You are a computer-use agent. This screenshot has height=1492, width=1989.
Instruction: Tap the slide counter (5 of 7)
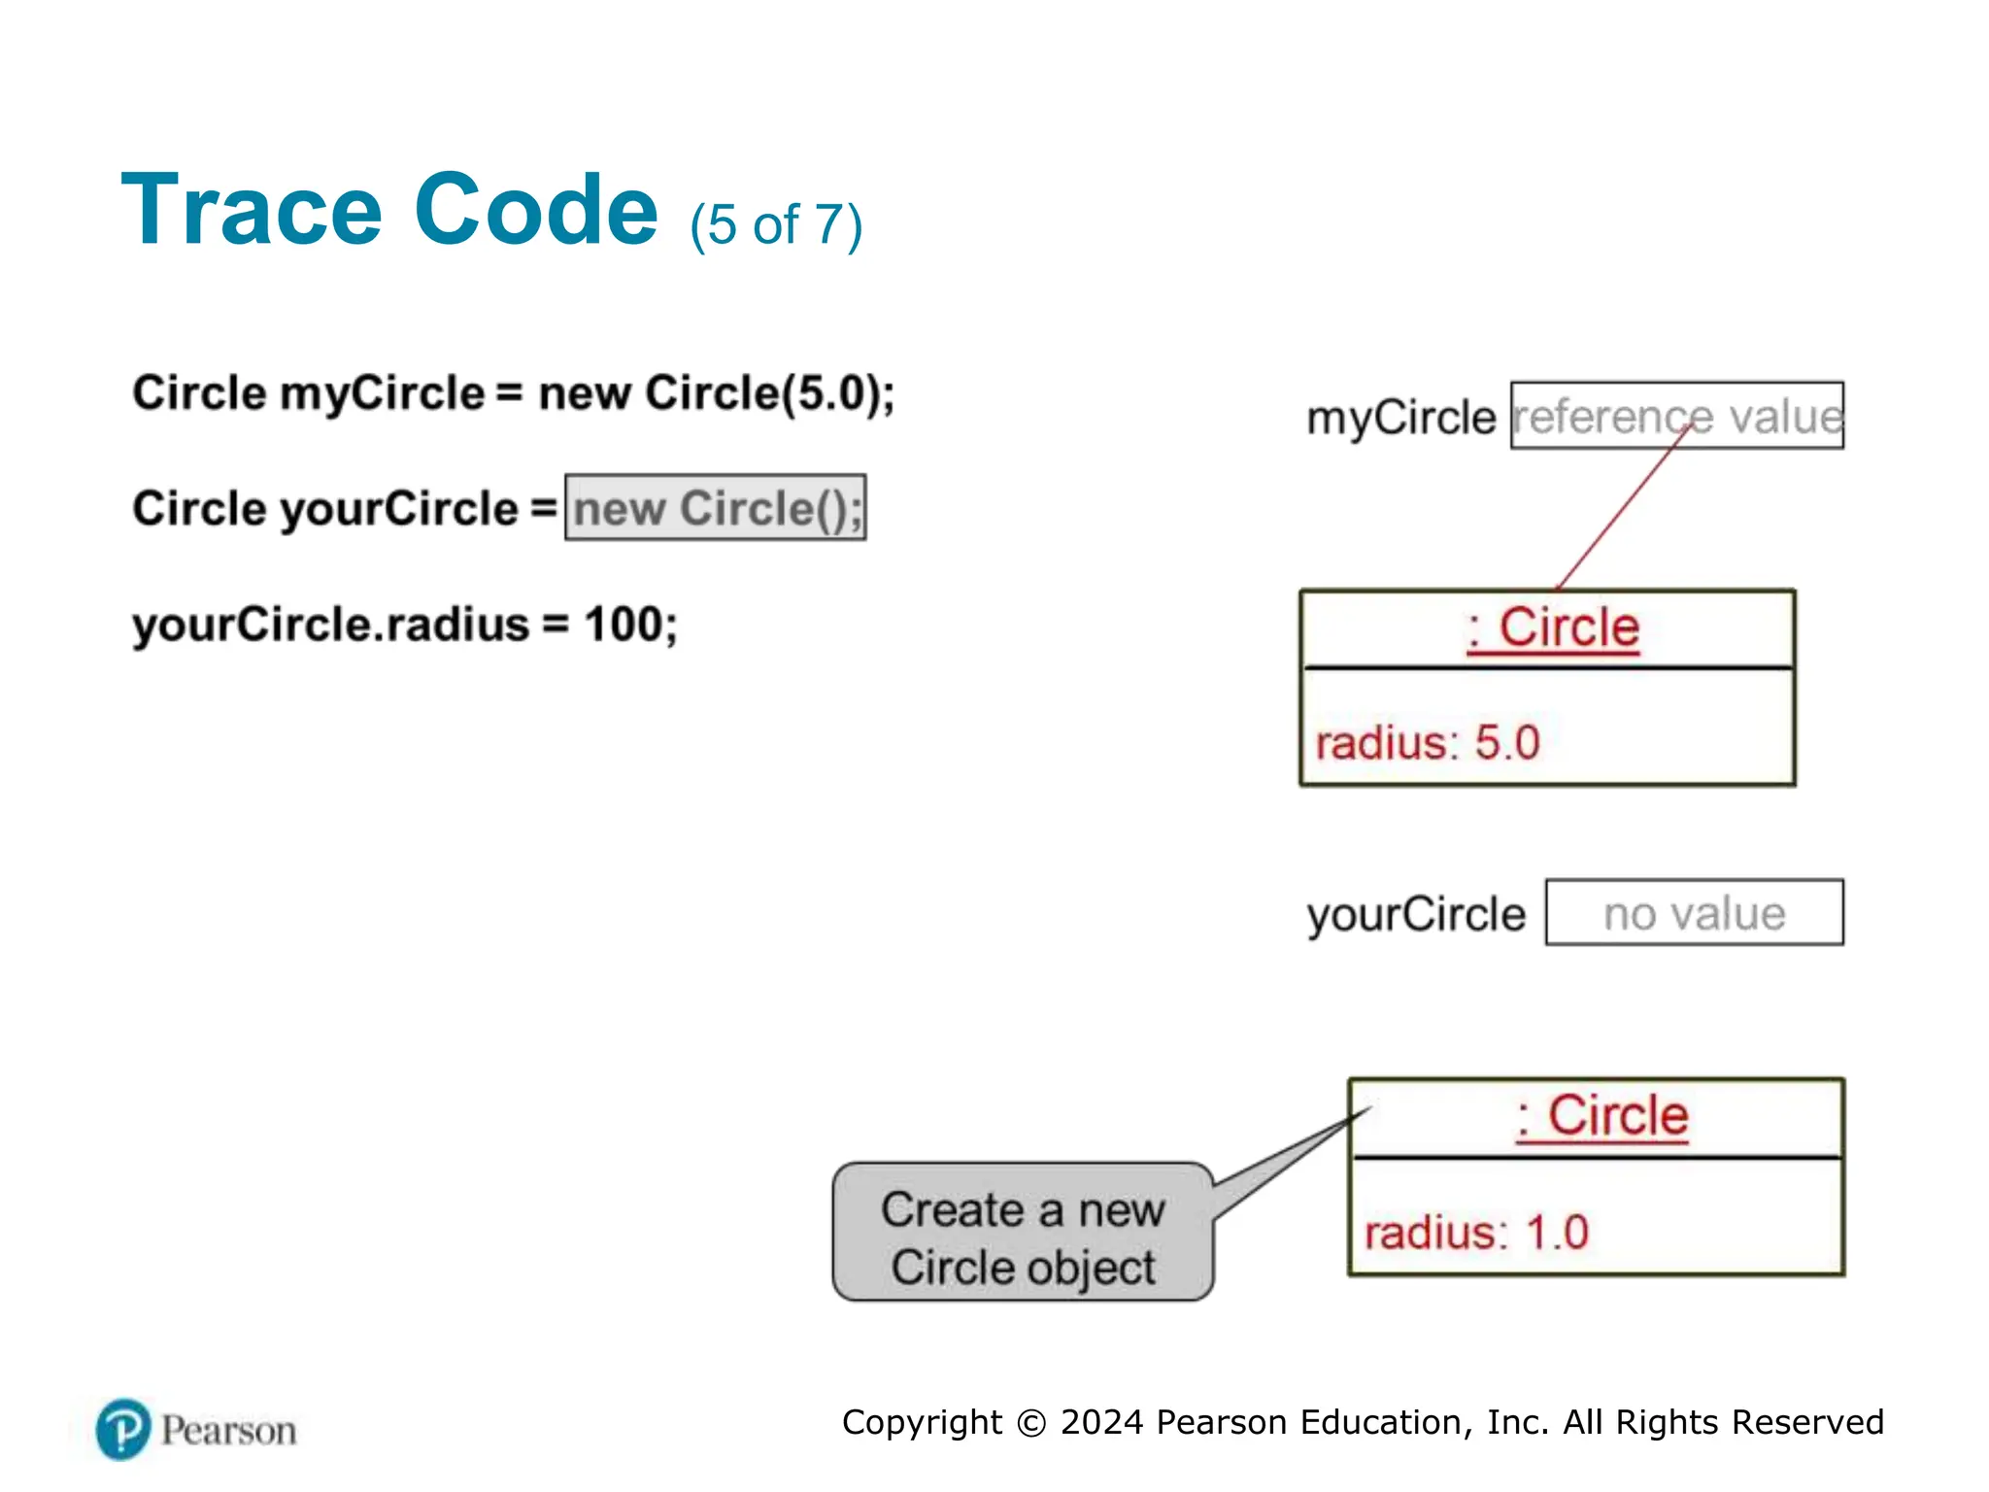click(x=775, y=225)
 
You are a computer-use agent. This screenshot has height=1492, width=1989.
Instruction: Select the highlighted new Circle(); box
click(x=716, y=508)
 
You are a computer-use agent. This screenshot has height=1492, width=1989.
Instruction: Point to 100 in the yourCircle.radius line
click(x=622, y=624)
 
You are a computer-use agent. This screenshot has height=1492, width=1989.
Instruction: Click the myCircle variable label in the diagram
click(x=1400, y=418)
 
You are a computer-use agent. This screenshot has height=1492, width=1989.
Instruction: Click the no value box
click(x=1694, y=913)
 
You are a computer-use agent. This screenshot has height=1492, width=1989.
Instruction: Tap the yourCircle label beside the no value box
click(x=1416, y=915)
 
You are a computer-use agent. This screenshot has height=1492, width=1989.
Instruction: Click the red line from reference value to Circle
click(x=1622, y=510)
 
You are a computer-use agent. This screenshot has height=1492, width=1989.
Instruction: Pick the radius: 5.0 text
click(x=1428, y=743)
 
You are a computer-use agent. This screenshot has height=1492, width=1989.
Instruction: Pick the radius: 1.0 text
click(x=1476, y=1233)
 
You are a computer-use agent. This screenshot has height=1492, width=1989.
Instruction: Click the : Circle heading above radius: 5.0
click(x=1553, y=627)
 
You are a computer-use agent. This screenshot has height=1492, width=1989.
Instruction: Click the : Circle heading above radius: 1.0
click(x=1601, y=1116)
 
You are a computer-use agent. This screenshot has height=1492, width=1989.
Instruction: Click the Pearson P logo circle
click(x=123, y=1430)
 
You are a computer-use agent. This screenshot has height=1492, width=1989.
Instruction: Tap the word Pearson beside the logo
click(x=228, y=1431)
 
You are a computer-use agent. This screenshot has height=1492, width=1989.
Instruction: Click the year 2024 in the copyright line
click(x=1101, y=1422)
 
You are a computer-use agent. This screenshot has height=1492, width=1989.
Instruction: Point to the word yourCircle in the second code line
click(x=399, y=509)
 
